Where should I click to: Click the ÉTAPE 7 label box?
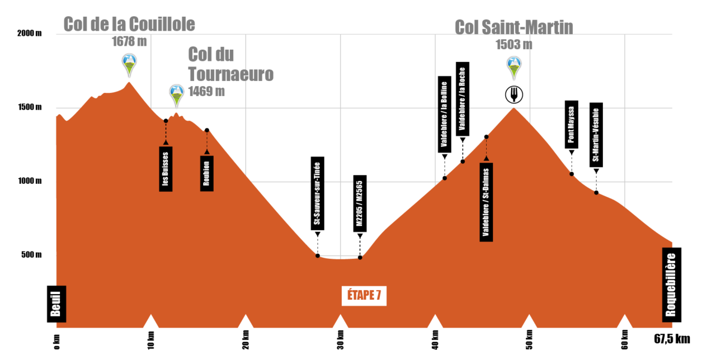364,296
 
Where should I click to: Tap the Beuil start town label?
56,304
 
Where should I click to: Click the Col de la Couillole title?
129,24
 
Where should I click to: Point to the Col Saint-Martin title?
514,27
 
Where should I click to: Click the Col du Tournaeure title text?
230,64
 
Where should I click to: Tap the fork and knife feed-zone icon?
514,94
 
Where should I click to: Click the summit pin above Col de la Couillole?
129,64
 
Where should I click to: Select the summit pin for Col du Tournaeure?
177,95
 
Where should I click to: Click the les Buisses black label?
166,169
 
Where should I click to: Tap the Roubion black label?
207,173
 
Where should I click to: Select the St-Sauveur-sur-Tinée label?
317,193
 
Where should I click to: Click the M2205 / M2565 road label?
360,203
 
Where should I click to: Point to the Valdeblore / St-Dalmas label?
486,202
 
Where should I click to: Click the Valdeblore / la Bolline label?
444,115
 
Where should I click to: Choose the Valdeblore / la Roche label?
462,99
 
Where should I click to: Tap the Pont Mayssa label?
571,125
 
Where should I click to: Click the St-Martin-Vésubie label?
596,135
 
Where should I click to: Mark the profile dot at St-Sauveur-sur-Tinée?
318,255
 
